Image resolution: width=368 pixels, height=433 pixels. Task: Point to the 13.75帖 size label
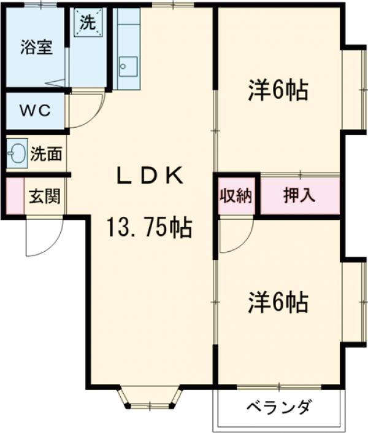[150, 228]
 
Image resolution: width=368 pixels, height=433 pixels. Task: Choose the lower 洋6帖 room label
[277, 302]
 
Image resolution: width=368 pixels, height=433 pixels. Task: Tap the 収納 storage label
[236, 196]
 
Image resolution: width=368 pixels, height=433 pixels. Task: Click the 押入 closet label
[299, 196]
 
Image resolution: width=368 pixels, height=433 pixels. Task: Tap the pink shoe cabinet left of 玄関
[13, 197]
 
